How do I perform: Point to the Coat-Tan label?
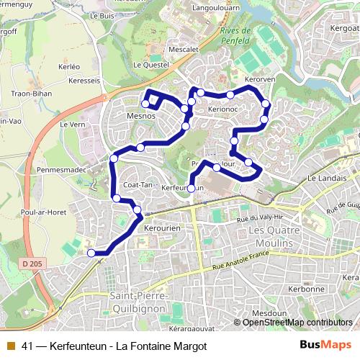click(137, 184)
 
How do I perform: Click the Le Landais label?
click(323, 178)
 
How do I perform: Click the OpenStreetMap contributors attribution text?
click(297, 323)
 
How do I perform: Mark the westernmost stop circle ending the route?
click(91, 253)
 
